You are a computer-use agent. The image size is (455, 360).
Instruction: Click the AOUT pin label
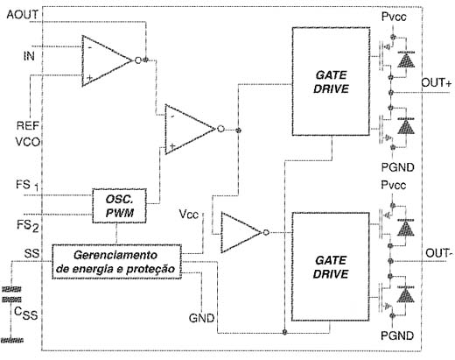[23, 15]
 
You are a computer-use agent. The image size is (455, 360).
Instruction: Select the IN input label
[29, 56]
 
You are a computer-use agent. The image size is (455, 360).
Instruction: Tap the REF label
[28, 125]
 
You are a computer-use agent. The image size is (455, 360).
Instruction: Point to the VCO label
[27, 142]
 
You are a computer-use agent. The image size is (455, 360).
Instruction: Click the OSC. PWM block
[119, 206]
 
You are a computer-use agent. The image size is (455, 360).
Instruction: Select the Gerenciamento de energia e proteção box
[116, 262]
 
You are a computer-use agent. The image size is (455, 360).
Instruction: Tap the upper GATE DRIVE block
[331, 81]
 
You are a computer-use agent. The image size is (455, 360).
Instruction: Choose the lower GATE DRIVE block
[331, 266]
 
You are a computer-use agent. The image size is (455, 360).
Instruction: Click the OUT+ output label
[437, 83]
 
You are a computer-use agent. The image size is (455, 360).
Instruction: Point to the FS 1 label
[27, 185]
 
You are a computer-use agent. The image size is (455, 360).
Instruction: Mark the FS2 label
[27, 226]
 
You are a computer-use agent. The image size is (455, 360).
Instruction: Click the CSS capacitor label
[25, 314]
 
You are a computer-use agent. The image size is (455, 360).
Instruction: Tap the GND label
[201, 318]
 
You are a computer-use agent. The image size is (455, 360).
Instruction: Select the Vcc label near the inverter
[189, 215]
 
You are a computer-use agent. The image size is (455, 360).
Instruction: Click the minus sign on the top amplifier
[90, 47]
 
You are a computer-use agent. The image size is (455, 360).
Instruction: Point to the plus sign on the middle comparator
[172, 145]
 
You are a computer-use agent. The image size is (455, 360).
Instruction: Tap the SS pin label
[31, 253]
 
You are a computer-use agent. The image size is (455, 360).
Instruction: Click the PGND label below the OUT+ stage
[398, 167]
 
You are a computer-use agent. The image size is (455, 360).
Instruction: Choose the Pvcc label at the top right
[394, 17]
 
